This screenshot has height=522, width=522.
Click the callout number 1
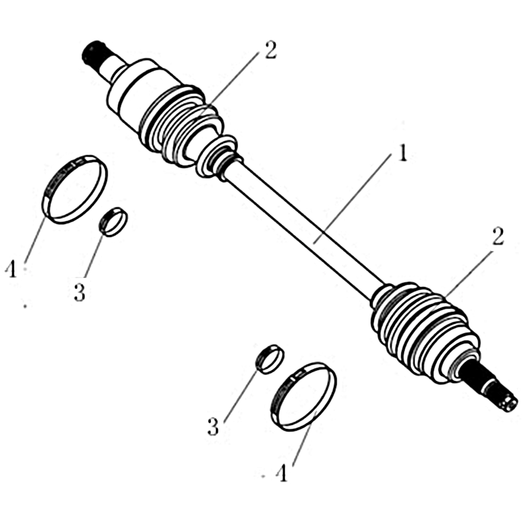pyautogui.click(x=403, y=153)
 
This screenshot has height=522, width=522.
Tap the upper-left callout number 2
pyautogui.click(x=270, y=51)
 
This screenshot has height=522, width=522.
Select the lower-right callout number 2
pyautogui.click(x=497, y=237)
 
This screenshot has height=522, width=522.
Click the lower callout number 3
pyautogui.click(x=213, y=427)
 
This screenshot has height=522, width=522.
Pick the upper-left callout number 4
pyautogui.click(x=11, y=269)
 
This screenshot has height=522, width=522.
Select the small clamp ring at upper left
pyautogui.click(x=114, y=222)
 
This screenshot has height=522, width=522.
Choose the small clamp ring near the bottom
pyautogui.click(x=269, y=360)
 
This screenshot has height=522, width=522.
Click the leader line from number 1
pyautogui.click(x=352, y=200)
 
